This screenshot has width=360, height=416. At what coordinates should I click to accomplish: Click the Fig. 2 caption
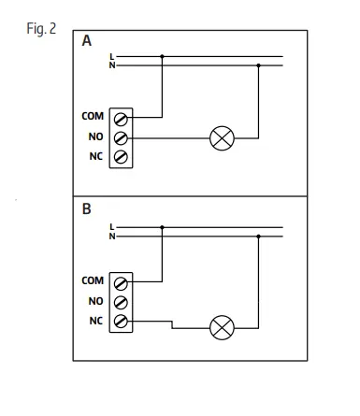pyautogui.click(x=42, y=28)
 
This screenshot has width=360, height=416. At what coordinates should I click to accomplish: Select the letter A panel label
pyautogui.click(x=87, y=42)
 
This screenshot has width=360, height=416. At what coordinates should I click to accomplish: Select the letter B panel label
pyautogui.click(x=87, y=209)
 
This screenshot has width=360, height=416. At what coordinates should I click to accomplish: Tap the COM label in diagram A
pyautogui.click(x=93, y=117)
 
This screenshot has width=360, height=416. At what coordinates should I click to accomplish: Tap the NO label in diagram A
pyautogui.click(x=95, y=136)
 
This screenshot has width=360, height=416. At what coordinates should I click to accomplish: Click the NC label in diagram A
pyautogui.click(x=95, y=156)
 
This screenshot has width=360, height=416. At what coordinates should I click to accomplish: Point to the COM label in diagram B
pyautogui.click(x=93, y=280)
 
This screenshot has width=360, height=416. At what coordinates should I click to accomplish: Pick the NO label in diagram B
pyautogui.click(x=95, y=301)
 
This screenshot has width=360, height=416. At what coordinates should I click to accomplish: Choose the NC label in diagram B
pyautogui.click(x=95, y=322)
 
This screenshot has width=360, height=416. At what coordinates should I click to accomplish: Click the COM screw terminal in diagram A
pyautogui.click(x=120, y=118)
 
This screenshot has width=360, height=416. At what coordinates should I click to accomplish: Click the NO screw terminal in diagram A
pyautogui.click(x=120, y=137)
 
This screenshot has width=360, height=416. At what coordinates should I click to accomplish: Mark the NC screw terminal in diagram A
pyautogui.click(x=120, y=157)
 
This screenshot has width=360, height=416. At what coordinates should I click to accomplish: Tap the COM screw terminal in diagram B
pyautogui.click(x=120, y=281)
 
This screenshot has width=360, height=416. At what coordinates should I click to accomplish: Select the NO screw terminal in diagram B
pyautogui.click(x=120, y=302)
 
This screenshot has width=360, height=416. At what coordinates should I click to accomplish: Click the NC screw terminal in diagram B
pyautogui.click(x=120, y=322)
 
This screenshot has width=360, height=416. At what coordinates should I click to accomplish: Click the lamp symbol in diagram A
pyautogui.click(x=222, y=138)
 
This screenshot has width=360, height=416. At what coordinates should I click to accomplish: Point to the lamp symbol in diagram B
pyautogui.click(x=222, y=328)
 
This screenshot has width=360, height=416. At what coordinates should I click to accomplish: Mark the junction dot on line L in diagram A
pyautogui.click(x=164, y=57)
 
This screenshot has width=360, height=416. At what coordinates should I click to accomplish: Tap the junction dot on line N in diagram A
pyautogui.click(x=258, y=65)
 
